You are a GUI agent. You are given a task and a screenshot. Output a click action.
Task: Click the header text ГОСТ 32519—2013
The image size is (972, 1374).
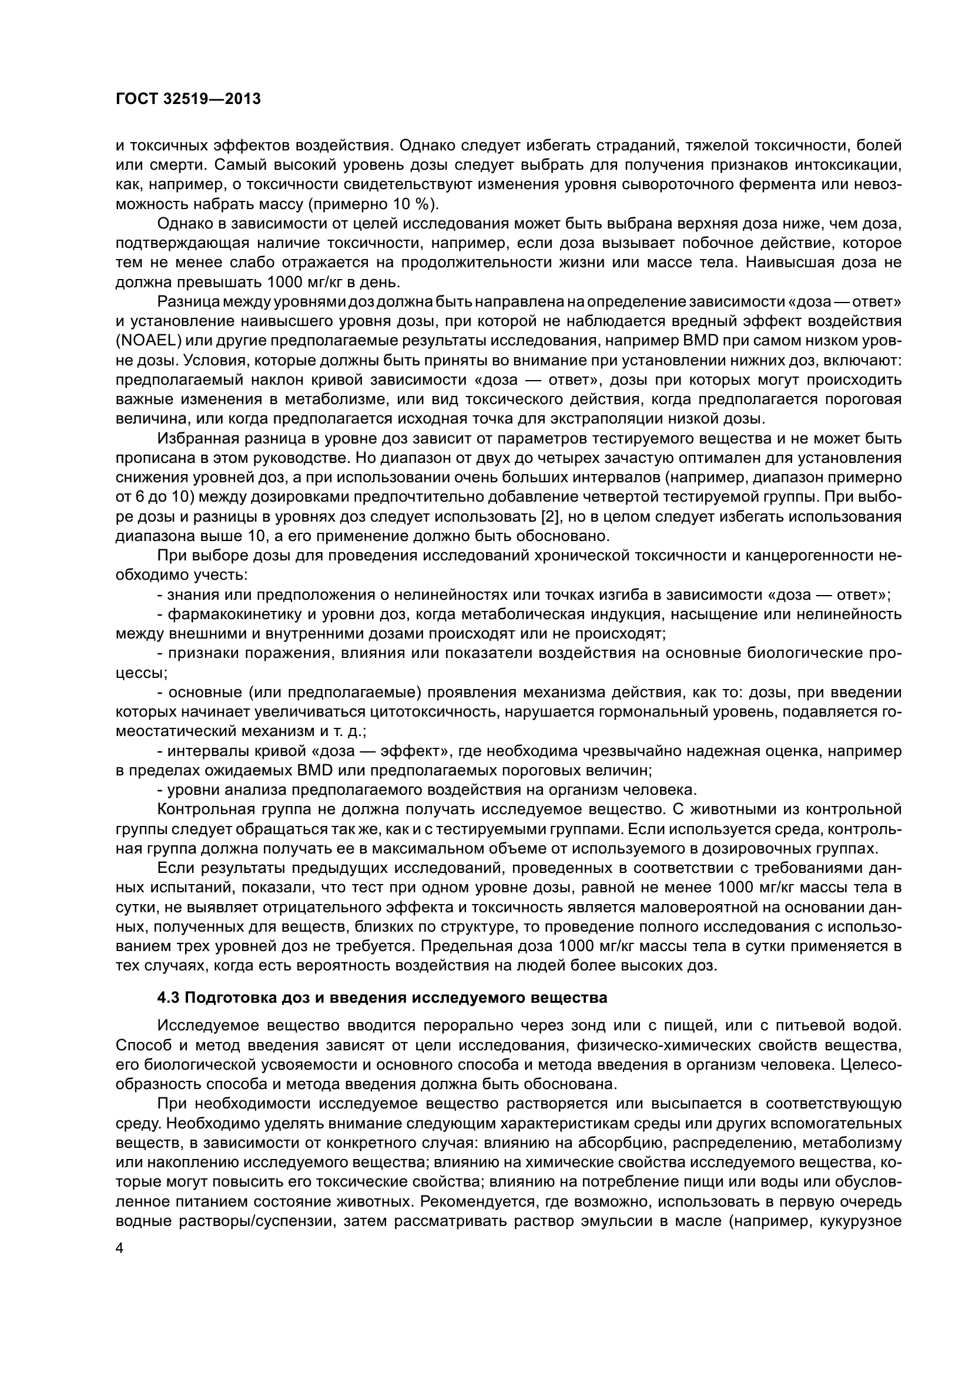pos(189,99)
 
